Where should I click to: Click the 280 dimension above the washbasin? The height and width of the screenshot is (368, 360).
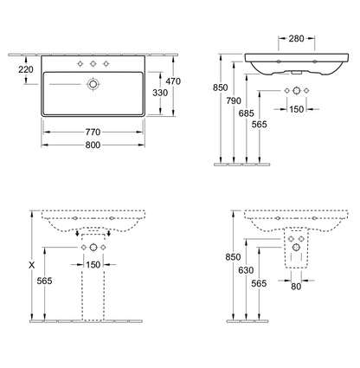click(x=296, y=38)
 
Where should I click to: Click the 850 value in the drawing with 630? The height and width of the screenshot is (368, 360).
click(x=231, y=257)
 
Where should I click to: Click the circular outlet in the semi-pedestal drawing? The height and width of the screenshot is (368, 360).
click(x=296, y=249)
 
